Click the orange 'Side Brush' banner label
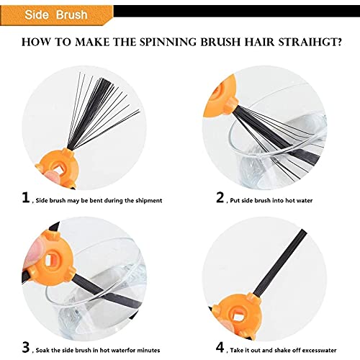(56, 14)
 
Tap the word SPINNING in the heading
(169, 42)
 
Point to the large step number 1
(26, 197)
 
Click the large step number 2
(220, 197)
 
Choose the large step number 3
(26, 347)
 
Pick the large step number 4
(220, 347)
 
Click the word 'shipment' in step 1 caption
(149, 200)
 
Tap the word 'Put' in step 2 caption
(235, 200)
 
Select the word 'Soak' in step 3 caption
(42, 350)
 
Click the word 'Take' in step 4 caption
(237, 350)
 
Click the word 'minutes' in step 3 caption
(148, 350)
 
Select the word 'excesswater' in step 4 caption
(319, 350)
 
